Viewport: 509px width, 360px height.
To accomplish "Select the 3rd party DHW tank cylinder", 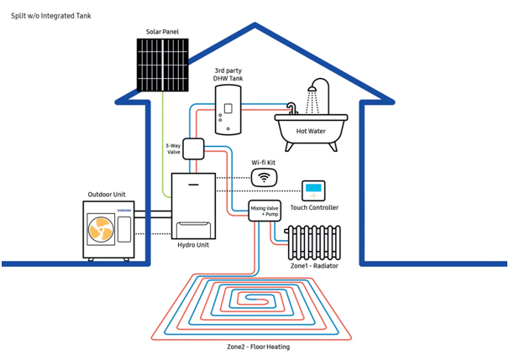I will (227, 112).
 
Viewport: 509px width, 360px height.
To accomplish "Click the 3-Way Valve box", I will (194, 149).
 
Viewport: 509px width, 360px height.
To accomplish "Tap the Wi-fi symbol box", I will (265, 178).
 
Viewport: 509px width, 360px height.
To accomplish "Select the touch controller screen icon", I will (313, 190).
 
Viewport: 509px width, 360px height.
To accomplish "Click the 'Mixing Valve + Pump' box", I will (265, 210).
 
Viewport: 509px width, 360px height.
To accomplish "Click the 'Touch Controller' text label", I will (314, 207).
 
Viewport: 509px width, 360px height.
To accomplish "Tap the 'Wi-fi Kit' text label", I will (266, 162).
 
